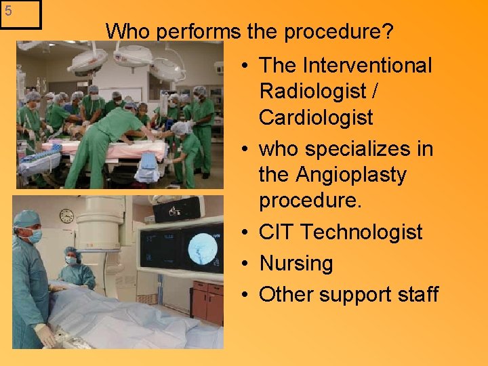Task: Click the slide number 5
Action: (8, 11)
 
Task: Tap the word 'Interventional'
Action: (367, 66)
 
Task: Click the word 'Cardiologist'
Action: (316, 117)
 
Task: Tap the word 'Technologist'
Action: (361, 232)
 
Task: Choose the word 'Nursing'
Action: (296, 263)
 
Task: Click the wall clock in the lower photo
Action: (66, 216)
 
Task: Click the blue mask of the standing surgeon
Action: (33, 236)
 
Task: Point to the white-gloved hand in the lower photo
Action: (45, 334)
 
